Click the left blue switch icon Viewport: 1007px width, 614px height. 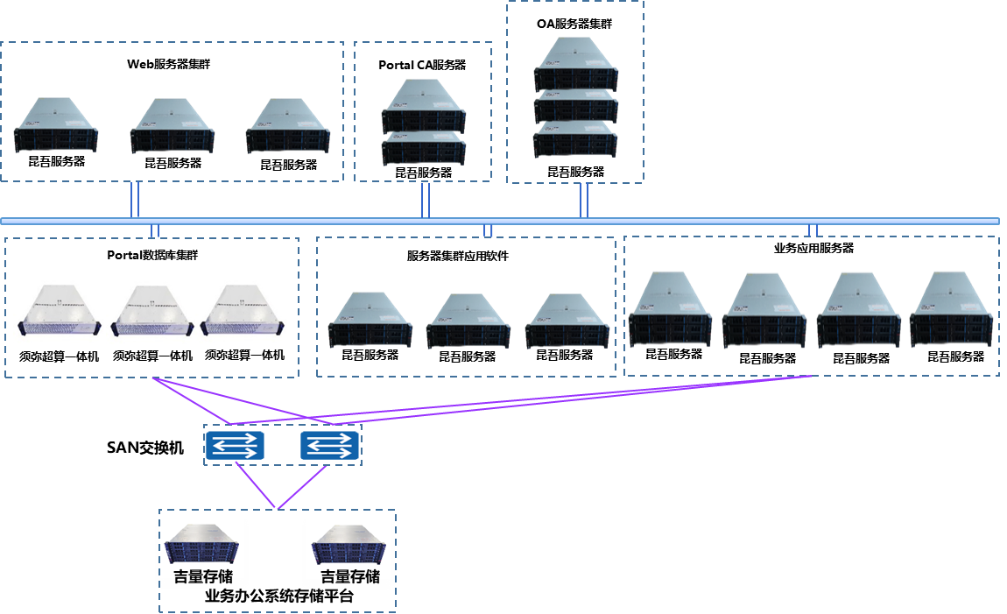235,446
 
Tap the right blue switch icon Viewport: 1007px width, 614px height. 329,446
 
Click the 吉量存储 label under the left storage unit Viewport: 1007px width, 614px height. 203,576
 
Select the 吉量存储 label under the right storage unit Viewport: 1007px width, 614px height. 350,576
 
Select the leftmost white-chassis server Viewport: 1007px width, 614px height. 60,313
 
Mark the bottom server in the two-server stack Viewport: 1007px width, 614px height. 424,148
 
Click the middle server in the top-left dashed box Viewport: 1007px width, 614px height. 173,126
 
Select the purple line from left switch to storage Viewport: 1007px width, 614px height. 256,484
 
